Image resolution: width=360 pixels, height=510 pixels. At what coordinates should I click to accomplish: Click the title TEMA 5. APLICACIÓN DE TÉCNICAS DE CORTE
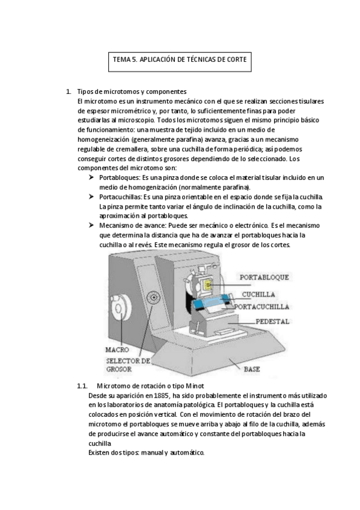click(180, 60)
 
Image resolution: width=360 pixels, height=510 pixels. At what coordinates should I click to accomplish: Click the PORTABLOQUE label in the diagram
click(264, 277)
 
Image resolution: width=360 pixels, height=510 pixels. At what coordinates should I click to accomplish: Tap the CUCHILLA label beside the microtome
click(258, 294)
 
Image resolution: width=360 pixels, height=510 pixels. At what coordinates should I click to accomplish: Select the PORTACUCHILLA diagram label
click(261, 307)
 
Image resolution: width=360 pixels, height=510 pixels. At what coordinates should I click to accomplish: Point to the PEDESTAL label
click(272, 321)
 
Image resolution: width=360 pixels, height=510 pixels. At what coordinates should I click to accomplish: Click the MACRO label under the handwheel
click(117, 349)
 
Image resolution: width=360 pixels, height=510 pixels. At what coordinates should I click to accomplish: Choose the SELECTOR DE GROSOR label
click(128, 365)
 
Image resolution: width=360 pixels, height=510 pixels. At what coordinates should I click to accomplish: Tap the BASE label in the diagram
click(252, 369)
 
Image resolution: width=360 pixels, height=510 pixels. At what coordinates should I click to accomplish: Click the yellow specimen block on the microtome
click(207, 285)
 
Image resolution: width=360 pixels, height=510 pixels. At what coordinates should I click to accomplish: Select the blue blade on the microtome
click(211, 301)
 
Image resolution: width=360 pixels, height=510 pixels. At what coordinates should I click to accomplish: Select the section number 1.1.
click(82, 386)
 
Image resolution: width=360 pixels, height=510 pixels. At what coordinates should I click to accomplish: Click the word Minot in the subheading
click(195, 386)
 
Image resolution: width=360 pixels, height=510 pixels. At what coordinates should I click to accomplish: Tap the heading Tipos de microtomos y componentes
click(132, 91)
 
